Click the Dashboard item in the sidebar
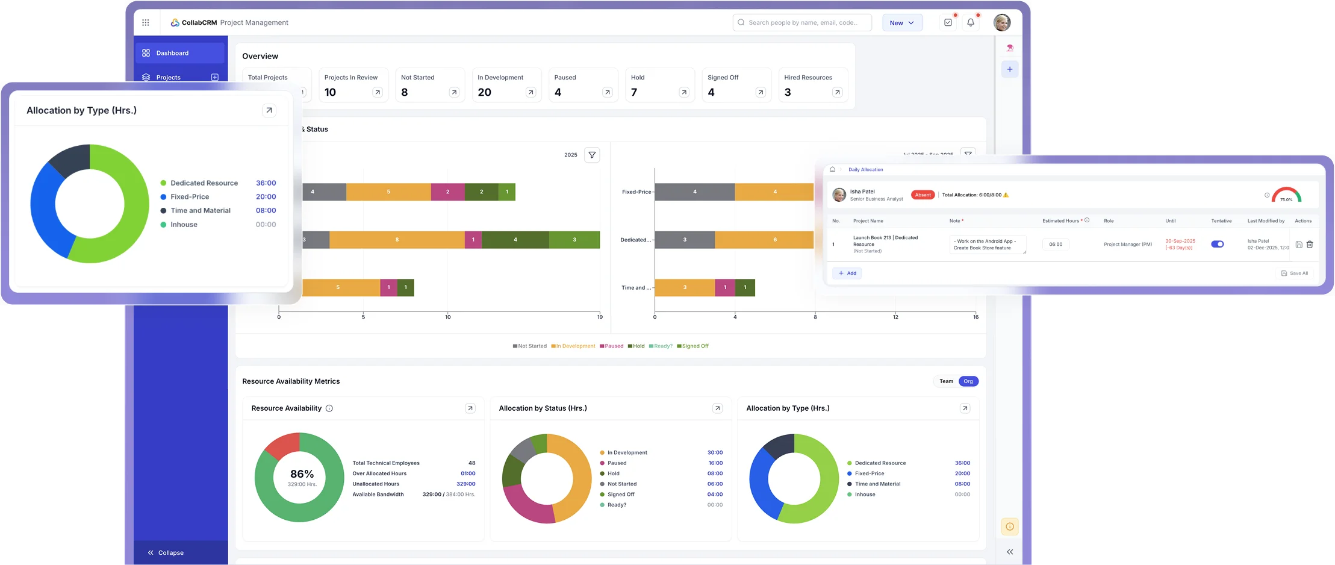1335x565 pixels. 172,53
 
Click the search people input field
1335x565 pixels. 803,23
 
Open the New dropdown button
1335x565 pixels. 902,23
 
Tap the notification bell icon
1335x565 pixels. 971,22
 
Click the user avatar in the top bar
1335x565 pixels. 1002,22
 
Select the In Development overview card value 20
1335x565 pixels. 485,92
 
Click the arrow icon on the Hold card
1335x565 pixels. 684,92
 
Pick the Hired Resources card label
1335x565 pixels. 808,78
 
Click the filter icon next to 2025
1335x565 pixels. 592,155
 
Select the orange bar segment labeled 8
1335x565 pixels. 397,240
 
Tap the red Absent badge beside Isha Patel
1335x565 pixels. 923,195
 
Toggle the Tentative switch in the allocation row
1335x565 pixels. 1217,244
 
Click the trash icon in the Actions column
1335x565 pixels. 1310,245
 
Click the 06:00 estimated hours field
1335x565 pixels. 1056,244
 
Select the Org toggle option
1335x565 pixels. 968,381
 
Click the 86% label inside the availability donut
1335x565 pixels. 302,474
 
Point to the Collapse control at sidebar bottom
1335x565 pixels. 166,552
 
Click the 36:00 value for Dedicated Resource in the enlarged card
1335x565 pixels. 266,183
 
